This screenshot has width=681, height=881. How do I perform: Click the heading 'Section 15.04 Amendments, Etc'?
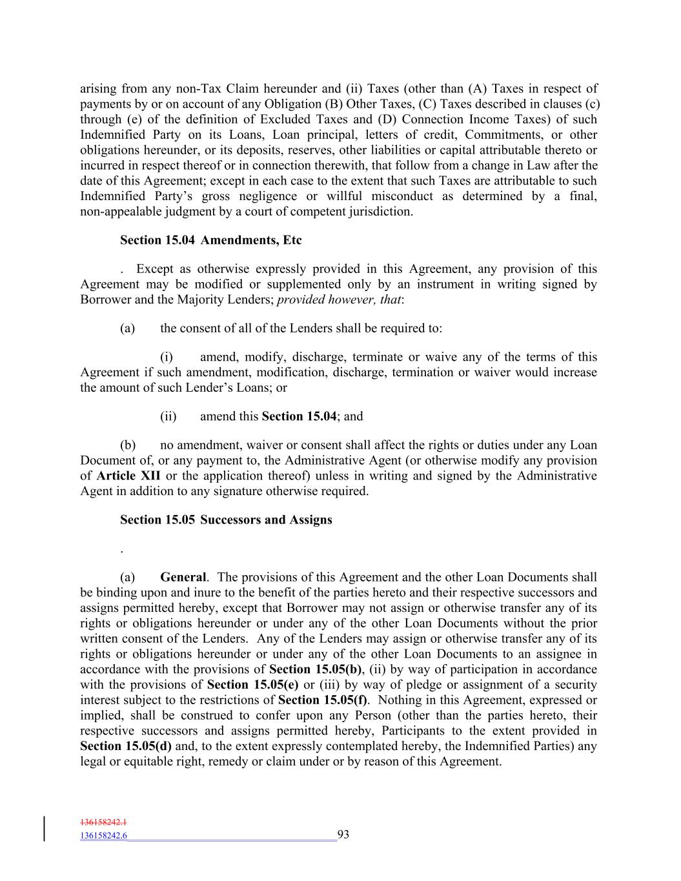click(x=210, y=241)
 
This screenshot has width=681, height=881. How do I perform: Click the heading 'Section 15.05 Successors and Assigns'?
click(x=226, y=520)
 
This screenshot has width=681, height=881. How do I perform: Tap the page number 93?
click(x=343, y=835)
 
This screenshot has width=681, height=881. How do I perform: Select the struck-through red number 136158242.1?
click(x=103, y=823)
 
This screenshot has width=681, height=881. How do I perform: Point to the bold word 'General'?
click(x=183, y=578)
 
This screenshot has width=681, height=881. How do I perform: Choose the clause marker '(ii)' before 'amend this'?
click(x=168, y=417)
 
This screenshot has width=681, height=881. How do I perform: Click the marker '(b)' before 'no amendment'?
click(x=127, y=445)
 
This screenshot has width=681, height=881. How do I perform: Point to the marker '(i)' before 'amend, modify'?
click(x=167, y=358)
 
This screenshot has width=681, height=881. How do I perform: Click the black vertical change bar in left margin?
click(x=45, y=829)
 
